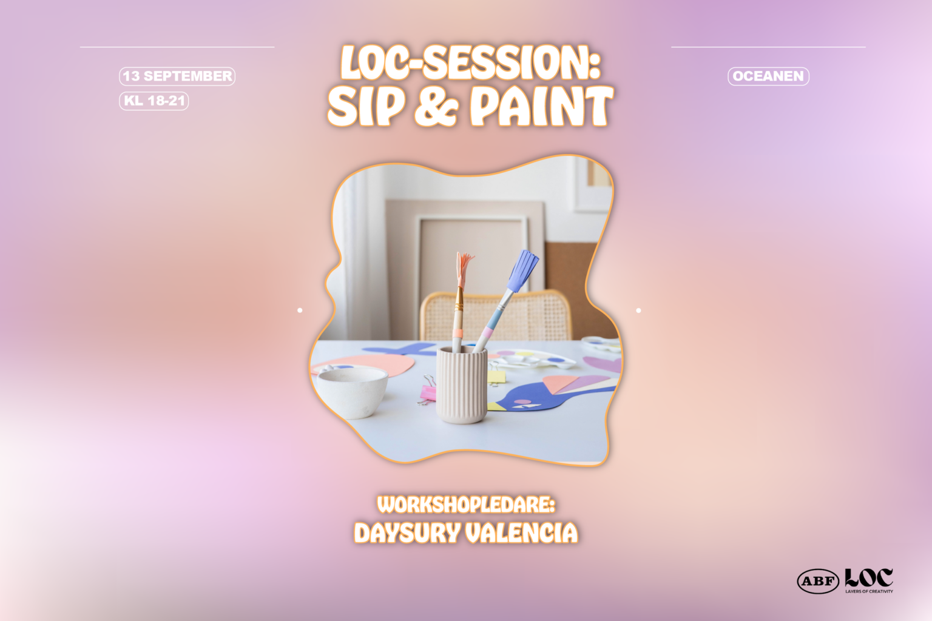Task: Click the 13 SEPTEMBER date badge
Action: point(177,76)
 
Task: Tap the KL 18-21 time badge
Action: point(154,101)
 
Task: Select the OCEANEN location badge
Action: point(769,76)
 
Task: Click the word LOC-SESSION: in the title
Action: point(471,62)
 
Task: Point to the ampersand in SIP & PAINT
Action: point(436,107)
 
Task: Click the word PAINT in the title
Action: point(542,107)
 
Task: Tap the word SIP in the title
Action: point(366,107)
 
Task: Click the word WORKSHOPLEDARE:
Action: point(466,505)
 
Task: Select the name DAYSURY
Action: point(407,533)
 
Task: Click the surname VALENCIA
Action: point(522,533)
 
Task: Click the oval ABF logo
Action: point(818,581)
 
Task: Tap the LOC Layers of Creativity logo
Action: point(869,580)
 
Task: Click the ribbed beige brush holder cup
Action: point(461,384)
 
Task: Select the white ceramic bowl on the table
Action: point(353,392)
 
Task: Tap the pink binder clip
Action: point(427,391)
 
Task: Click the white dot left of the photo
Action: point(300,310)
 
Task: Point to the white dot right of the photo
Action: point(639,310)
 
